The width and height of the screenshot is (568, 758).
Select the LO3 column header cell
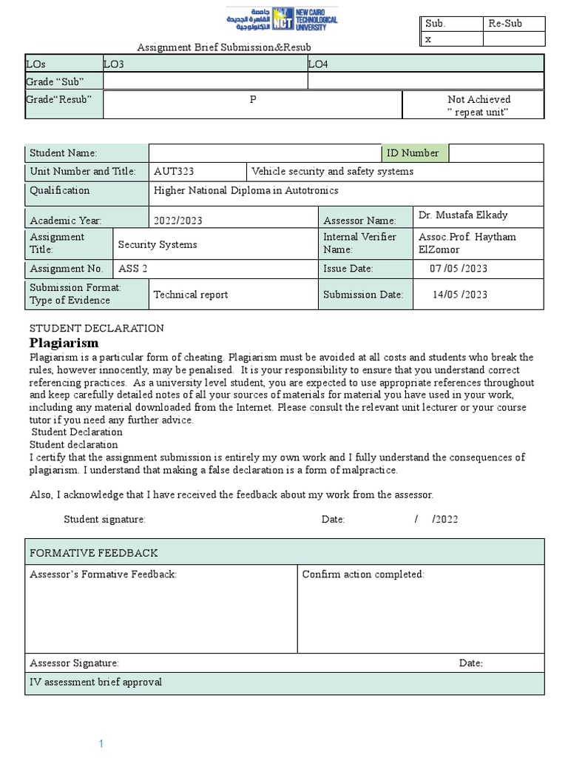114,64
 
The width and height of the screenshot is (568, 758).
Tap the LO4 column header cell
317,64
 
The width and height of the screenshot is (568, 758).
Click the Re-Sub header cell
505,24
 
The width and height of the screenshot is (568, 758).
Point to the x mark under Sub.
428,39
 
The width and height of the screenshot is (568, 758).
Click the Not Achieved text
479,99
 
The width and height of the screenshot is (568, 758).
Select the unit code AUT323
174,171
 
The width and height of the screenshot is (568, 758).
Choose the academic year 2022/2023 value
177,221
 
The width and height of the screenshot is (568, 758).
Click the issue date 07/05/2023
459,269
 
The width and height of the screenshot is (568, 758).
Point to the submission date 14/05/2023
459,295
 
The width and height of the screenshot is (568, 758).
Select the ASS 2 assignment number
134,269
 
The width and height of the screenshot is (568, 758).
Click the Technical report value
191,295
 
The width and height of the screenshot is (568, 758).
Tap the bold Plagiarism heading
64,343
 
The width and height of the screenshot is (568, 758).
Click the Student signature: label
104,520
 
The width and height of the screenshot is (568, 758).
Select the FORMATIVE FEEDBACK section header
93,553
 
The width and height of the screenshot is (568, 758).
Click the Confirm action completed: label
363,574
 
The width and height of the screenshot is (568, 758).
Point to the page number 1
103,742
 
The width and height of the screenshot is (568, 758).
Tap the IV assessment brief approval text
95,682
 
